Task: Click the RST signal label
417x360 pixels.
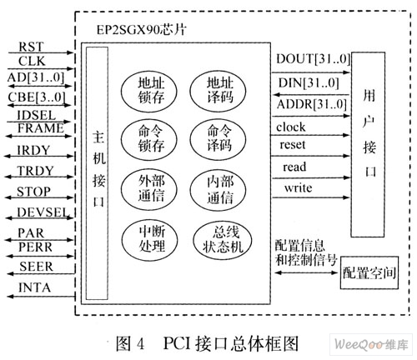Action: click(x=31, y=47)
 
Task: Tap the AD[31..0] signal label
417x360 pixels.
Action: click(x=36, y=77)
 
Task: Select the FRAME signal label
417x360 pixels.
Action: click(x=41, y=128)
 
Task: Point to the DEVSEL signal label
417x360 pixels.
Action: click(x=43, y=212)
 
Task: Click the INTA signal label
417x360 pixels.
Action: click(x=34, y=287)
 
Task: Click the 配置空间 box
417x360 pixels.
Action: click(x=369, y=272)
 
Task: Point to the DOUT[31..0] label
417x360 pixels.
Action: click(x=313, y=59)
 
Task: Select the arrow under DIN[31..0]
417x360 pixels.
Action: click(x=311, y=95)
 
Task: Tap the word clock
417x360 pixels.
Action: click(x=291, y=127)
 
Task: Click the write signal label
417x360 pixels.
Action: click(x=298, y=187)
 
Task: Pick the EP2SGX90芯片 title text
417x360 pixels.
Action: click(x=141, y=29)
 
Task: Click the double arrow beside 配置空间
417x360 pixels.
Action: click(x=306, y=272)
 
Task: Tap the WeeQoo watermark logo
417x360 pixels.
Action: click(x=371, y=344)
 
